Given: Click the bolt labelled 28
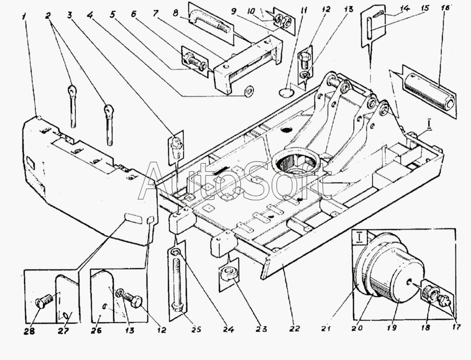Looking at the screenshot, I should tap(43, 302).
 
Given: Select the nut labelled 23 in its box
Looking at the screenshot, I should tap(228, 273).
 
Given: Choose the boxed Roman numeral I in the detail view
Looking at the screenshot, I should tap(360, 239).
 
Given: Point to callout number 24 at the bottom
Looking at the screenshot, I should tap(228, 329).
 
